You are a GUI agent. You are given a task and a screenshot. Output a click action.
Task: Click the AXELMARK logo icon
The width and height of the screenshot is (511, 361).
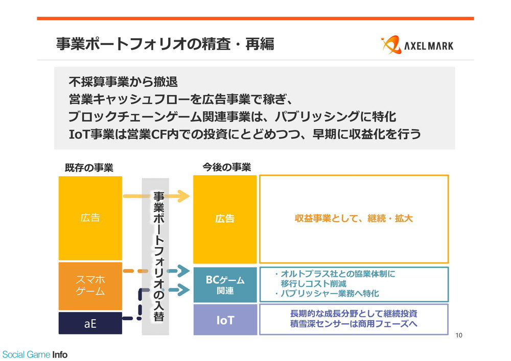(391, 44)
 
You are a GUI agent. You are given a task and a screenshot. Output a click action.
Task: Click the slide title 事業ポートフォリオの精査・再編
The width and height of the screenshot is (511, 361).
(165, 44)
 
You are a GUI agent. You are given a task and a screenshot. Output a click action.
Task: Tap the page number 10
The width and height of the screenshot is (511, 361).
(459, 335)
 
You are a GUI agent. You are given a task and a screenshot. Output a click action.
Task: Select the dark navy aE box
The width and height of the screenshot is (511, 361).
(90, 323)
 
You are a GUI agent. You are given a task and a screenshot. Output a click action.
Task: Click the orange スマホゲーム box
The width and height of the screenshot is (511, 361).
(90, 286)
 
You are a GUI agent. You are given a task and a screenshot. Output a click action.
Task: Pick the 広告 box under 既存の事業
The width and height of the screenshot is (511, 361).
(90, 218)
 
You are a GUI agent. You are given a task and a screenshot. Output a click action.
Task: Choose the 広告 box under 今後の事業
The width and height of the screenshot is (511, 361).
(225, 219)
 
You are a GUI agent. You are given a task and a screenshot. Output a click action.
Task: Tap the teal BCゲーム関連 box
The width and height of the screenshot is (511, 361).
(225, 285)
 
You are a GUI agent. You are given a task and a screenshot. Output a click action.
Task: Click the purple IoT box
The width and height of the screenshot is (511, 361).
(225, 320)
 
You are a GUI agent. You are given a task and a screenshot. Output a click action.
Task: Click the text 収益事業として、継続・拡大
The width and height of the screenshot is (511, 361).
(354, 219)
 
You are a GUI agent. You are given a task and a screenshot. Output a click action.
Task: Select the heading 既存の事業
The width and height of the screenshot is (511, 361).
(89, 167)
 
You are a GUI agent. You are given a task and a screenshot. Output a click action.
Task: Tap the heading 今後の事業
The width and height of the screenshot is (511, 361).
(227, 167)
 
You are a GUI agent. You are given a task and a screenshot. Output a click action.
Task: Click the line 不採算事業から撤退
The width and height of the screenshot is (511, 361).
(123, 82)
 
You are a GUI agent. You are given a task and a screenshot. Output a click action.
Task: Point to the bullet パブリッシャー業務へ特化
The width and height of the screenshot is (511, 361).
(327, 294)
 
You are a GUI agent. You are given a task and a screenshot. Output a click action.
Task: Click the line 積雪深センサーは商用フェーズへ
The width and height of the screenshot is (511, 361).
(354, 324)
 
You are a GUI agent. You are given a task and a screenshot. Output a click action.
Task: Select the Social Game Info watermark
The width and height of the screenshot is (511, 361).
(35, 354)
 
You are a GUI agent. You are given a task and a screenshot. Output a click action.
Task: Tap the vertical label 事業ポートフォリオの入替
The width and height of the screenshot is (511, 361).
(158, 256)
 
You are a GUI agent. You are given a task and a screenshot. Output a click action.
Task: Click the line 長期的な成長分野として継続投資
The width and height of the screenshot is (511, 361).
(354, 314)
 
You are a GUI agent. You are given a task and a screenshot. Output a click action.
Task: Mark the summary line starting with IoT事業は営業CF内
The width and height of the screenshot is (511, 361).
(245, 134)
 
